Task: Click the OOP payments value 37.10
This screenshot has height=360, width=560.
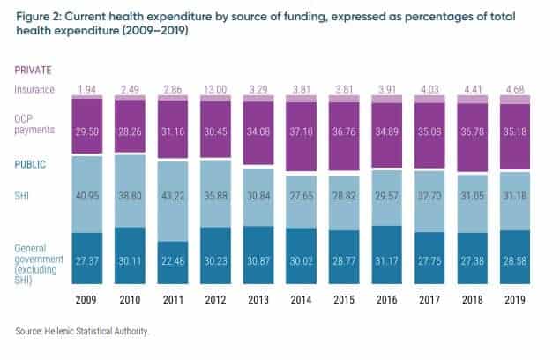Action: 300,129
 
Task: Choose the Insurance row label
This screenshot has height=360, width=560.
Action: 34,90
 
